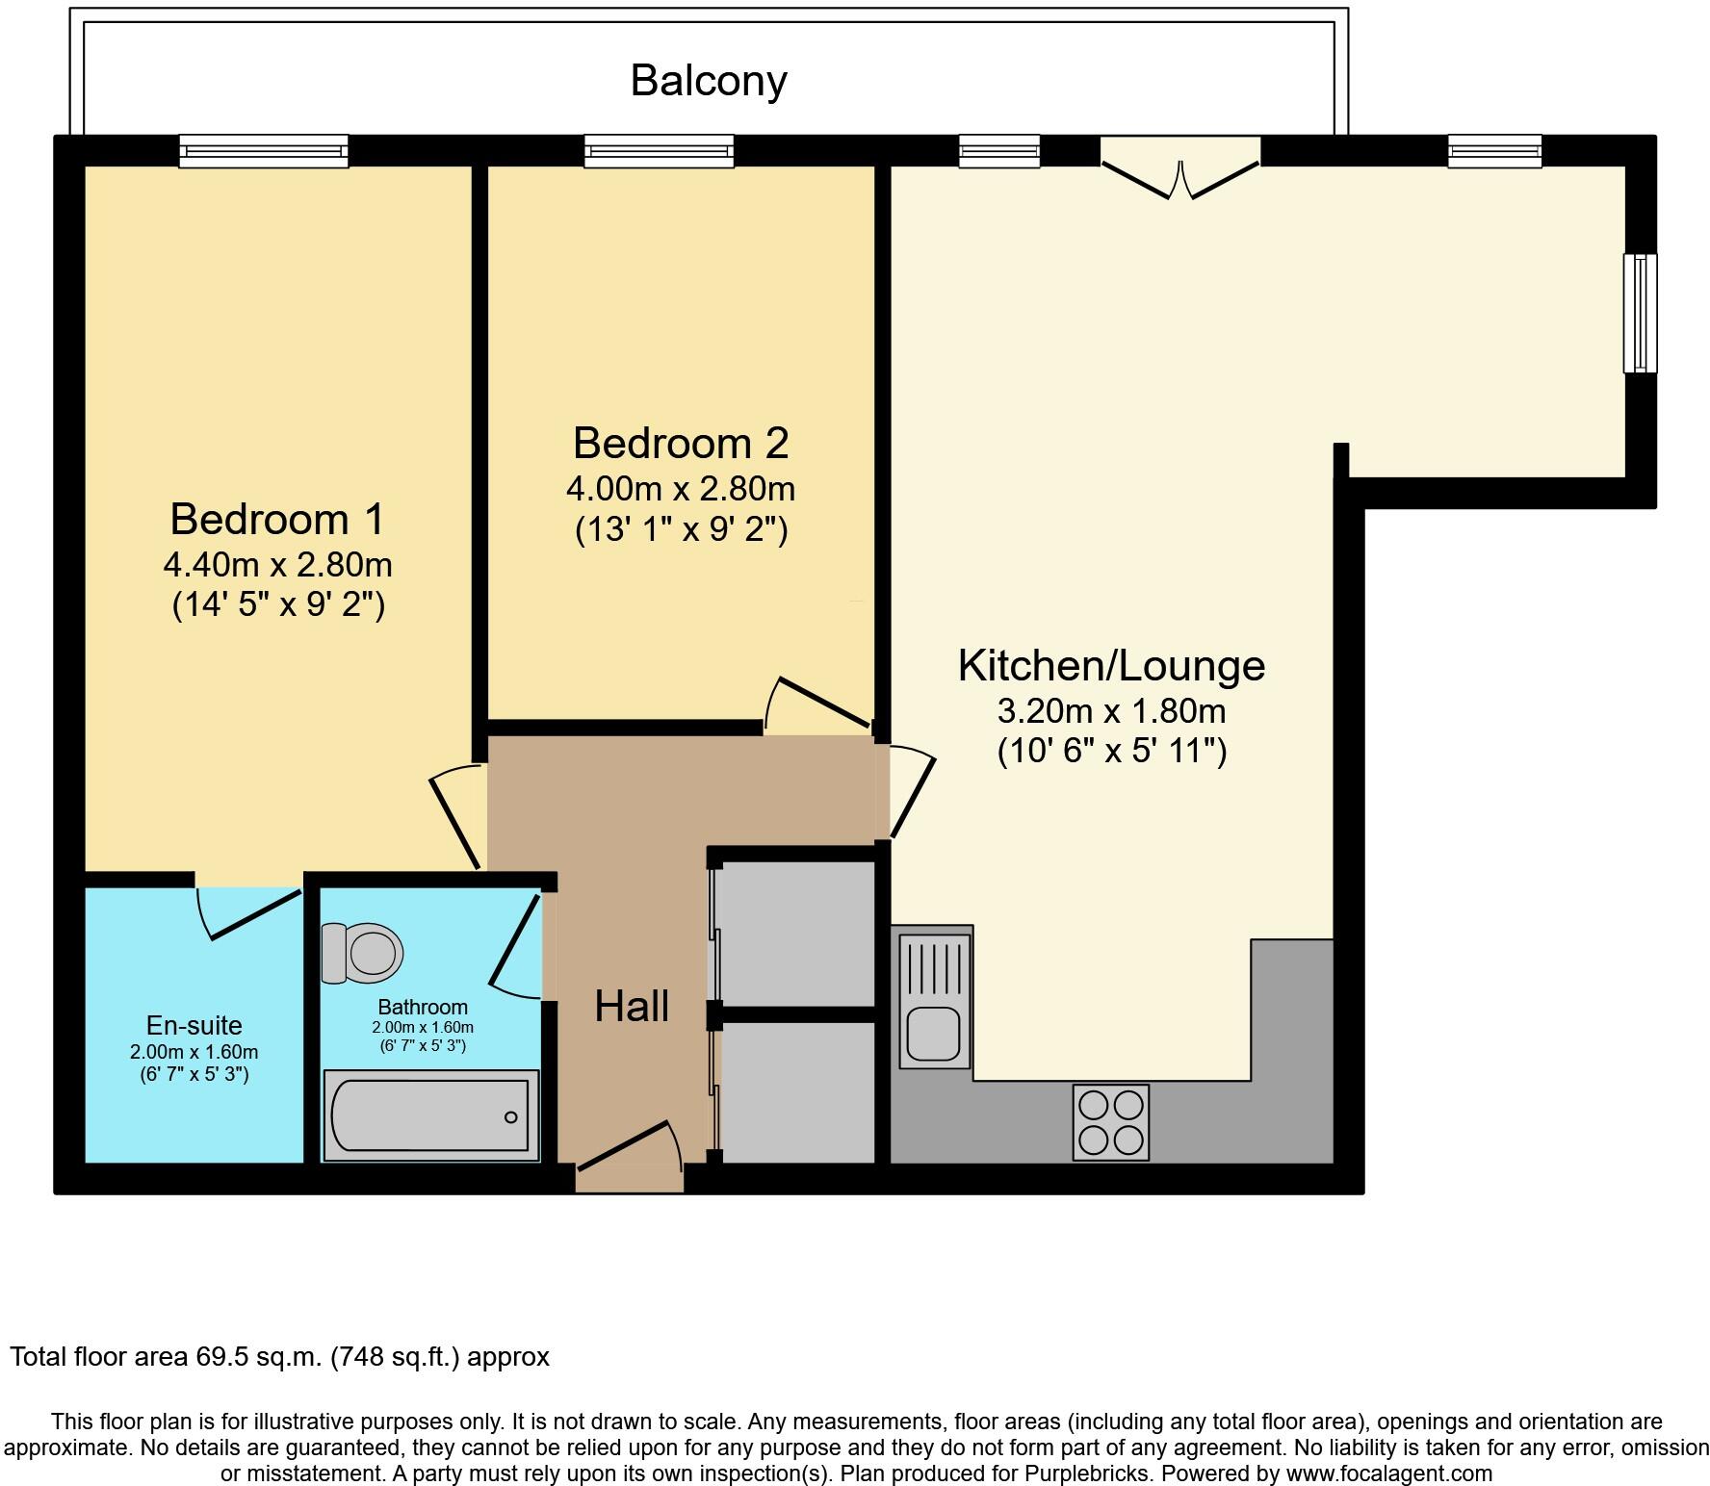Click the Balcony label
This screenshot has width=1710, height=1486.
click(x=709, y=81)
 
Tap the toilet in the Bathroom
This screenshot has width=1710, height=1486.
click(x=363, y=953)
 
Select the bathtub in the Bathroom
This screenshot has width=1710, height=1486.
click(x=429, y=1115)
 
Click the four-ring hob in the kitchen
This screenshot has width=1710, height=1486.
click(x=1111, y=1122)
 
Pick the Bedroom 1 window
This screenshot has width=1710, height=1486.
click(x=264, y=151)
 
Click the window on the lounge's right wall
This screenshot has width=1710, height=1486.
click(x=1641, y=313)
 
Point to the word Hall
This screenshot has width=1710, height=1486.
click(x=632, y=1007)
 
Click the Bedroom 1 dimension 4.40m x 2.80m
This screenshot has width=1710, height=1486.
click(x=277, y=565)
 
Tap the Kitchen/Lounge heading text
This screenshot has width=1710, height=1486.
click(x=1111, y=666)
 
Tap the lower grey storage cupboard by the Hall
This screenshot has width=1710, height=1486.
click(x=797, y=1091)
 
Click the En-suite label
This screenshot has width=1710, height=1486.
click(x=194, y=1026)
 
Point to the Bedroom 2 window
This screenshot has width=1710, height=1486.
click(x=660, y=151)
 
